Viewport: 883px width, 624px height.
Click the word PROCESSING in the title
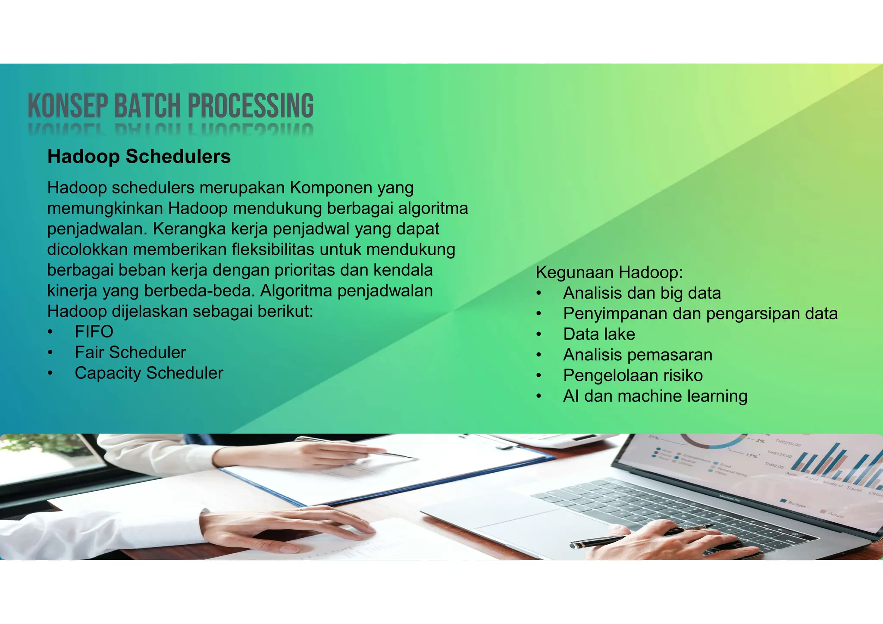(250, 106)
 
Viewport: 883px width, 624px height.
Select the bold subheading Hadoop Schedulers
(139, 156)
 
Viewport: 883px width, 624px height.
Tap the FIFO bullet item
(94, 332)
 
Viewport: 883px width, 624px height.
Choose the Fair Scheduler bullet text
(130, 353)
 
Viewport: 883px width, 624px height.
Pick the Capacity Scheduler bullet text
(149, 373)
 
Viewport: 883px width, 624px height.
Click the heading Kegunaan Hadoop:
(609, 272)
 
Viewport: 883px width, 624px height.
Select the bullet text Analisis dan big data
(642, 293)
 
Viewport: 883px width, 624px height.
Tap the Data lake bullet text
(599, 334)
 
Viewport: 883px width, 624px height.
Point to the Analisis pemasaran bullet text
(638, 355)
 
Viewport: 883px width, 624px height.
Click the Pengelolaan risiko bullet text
(633, 376)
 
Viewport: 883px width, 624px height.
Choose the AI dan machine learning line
(655, 396)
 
